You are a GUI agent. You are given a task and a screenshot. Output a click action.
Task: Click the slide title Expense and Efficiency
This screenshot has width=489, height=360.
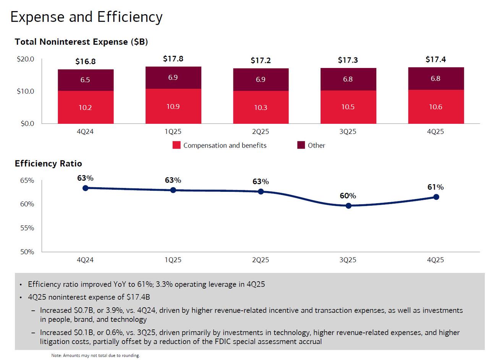pyautogui.click(x=86, y=17)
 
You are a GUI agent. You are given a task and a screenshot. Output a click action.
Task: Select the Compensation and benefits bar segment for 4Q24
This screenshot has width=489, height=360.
pyautogui.click(x=86, y=107)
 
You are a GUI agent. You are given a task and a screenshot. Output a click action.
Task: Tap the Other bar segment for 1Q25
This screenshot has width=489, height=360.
pyautogui.click(x=173, y=78)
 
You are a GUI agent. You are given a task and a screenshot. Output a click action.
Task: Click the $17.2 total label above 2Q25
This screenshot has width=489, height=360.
pyautogui.click(x=261, y=60)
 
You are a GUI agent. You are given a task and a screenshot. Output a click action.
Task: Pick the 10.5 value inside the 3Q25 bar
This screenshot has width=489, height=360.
pyautogui.click(x=348, y=107)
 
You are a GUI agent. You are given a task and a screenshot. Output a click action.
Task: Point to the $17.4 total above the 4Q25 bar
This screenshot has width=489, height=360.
pyautogui.click(x=436, y=60)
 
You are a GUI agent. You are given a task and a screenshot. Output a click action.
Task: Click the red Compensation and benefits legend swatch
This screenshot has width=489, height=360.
pyautogui.click(x=176, y=145)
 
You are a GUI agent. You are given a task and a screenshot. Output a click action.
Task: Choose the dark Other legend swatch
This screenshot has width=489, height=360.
pyautogui.click(x=301, y=145)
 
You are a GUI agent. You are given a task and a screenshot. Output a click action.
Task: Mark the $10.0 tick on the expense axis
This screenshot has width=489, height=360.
pyautogui.click(x=26, y=91)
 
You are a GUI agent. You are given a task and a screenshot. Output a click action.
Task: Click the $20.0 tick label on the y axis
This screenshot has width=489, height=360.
pyautogui.click(x=26, y=59)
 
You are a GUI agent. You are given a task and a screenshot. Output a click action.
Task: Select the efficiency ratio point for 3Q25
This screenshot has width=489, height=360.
pyautogui.click(x=348, y=206)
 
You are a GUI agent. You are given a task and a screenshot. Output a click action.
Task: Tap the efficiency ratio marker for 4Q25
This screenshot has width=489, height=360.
pyautogui.click(x=436, y=197)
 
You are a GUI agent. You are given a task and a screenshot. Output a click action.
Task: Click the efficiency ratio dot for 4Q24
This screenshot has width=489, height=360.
pyautogui.click(x=86, y=188)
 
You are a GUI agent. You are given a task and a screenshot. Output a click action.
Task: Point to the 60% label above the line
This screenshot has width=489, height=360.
pyautogui.click(x=348, y=196)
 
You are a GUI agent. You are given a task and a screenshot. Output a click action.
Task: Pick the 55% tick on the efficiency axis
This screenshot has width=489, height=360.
pyautogui.click(x=27, y=228)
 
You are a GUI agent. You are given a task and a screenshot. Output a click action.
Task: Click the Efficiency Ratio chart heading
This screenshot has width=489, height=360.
pyautogui.click(x=48, y=164)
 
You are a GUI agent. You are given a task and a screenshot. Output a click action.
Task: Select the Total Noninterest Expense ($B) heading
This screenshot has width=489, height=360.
pyautogui.click(x=81, y=42)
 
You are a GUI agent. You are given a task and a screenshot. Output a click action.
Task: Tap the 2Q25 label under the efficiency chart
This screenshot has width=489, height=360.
pyautogui.click(x=261, y=260)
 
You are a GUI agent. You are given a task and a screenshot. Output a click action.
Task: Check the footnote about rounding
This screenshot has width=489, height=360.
pyautogui.click(x=96, y=355)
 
